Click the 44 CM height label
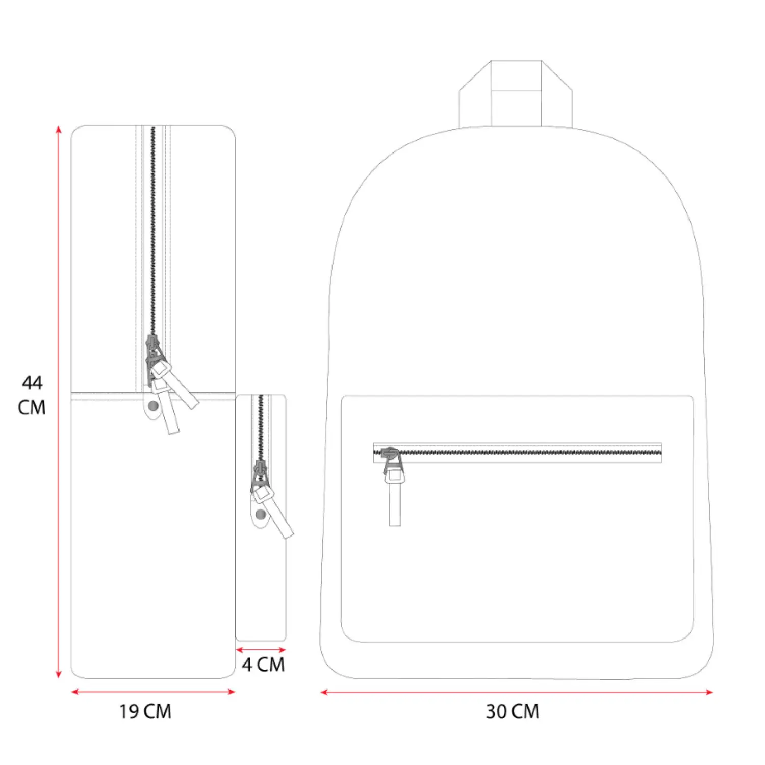click(32, 395)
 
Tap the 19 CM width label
click(145, 711)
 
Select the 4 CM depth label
click(263, 665)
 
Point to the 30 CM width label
click(512, 711)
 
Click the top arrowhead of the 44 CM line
click(59, 129)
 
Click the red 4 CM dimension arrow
click(261, 650)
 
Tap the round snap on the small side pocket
click(260, 514)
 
